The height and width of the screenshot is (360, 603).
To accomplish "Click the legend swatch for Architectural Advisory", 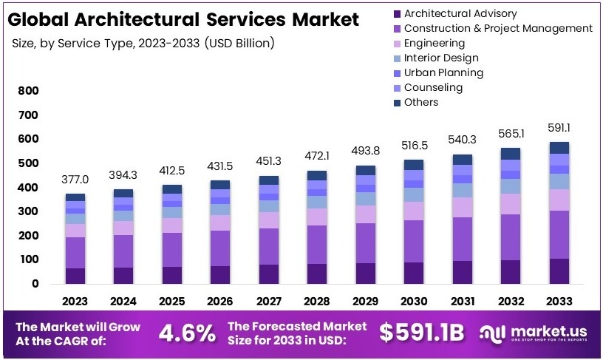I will coord(398,13).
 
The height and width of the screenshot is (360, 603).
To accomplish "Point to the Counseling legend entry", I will coord(433,87).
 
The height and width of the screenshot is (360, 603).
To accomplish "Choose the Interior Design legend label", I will coord(441,58).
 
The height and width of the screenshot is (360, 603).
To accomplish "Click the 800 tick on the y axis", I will coord(27,91).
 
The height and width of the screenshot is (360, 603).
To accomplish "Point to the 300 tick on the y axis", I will coord(27,211).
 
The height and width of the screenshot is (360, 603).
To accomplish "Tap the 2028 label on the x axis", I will coord(317,302).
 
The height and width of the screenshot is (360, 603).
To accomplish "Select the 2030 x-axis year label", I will coord(414,302).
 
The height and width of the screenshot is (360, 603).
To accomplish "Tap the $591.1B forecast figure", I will coord(422,333).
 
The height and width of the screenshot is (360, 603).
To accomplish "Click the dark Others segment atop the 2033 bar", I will coord(560,147).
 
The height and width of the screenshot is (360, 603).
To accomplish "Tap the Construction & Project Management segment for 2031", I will coord(463,239).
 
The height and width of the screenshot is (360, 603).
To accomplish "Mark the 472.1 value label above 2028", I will coord(317,156).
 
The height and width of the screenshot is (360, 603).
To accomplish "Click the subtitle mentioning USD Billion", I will coord(143,43).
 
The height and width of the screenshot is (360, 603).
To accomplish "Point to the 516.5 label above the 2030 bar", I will coord(414,145).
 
